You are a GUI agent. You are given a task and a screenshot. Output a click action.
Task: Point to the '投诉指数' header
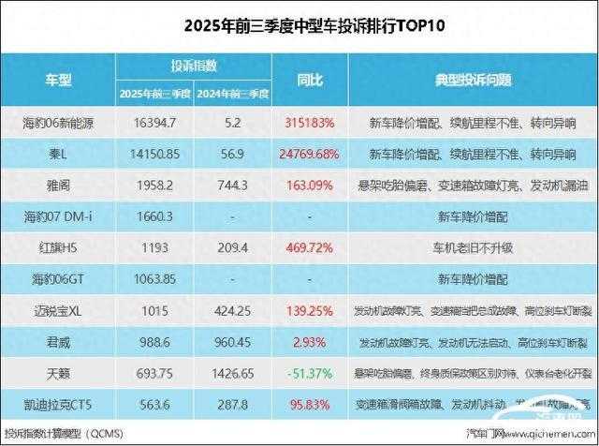(x=194, y=67)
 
